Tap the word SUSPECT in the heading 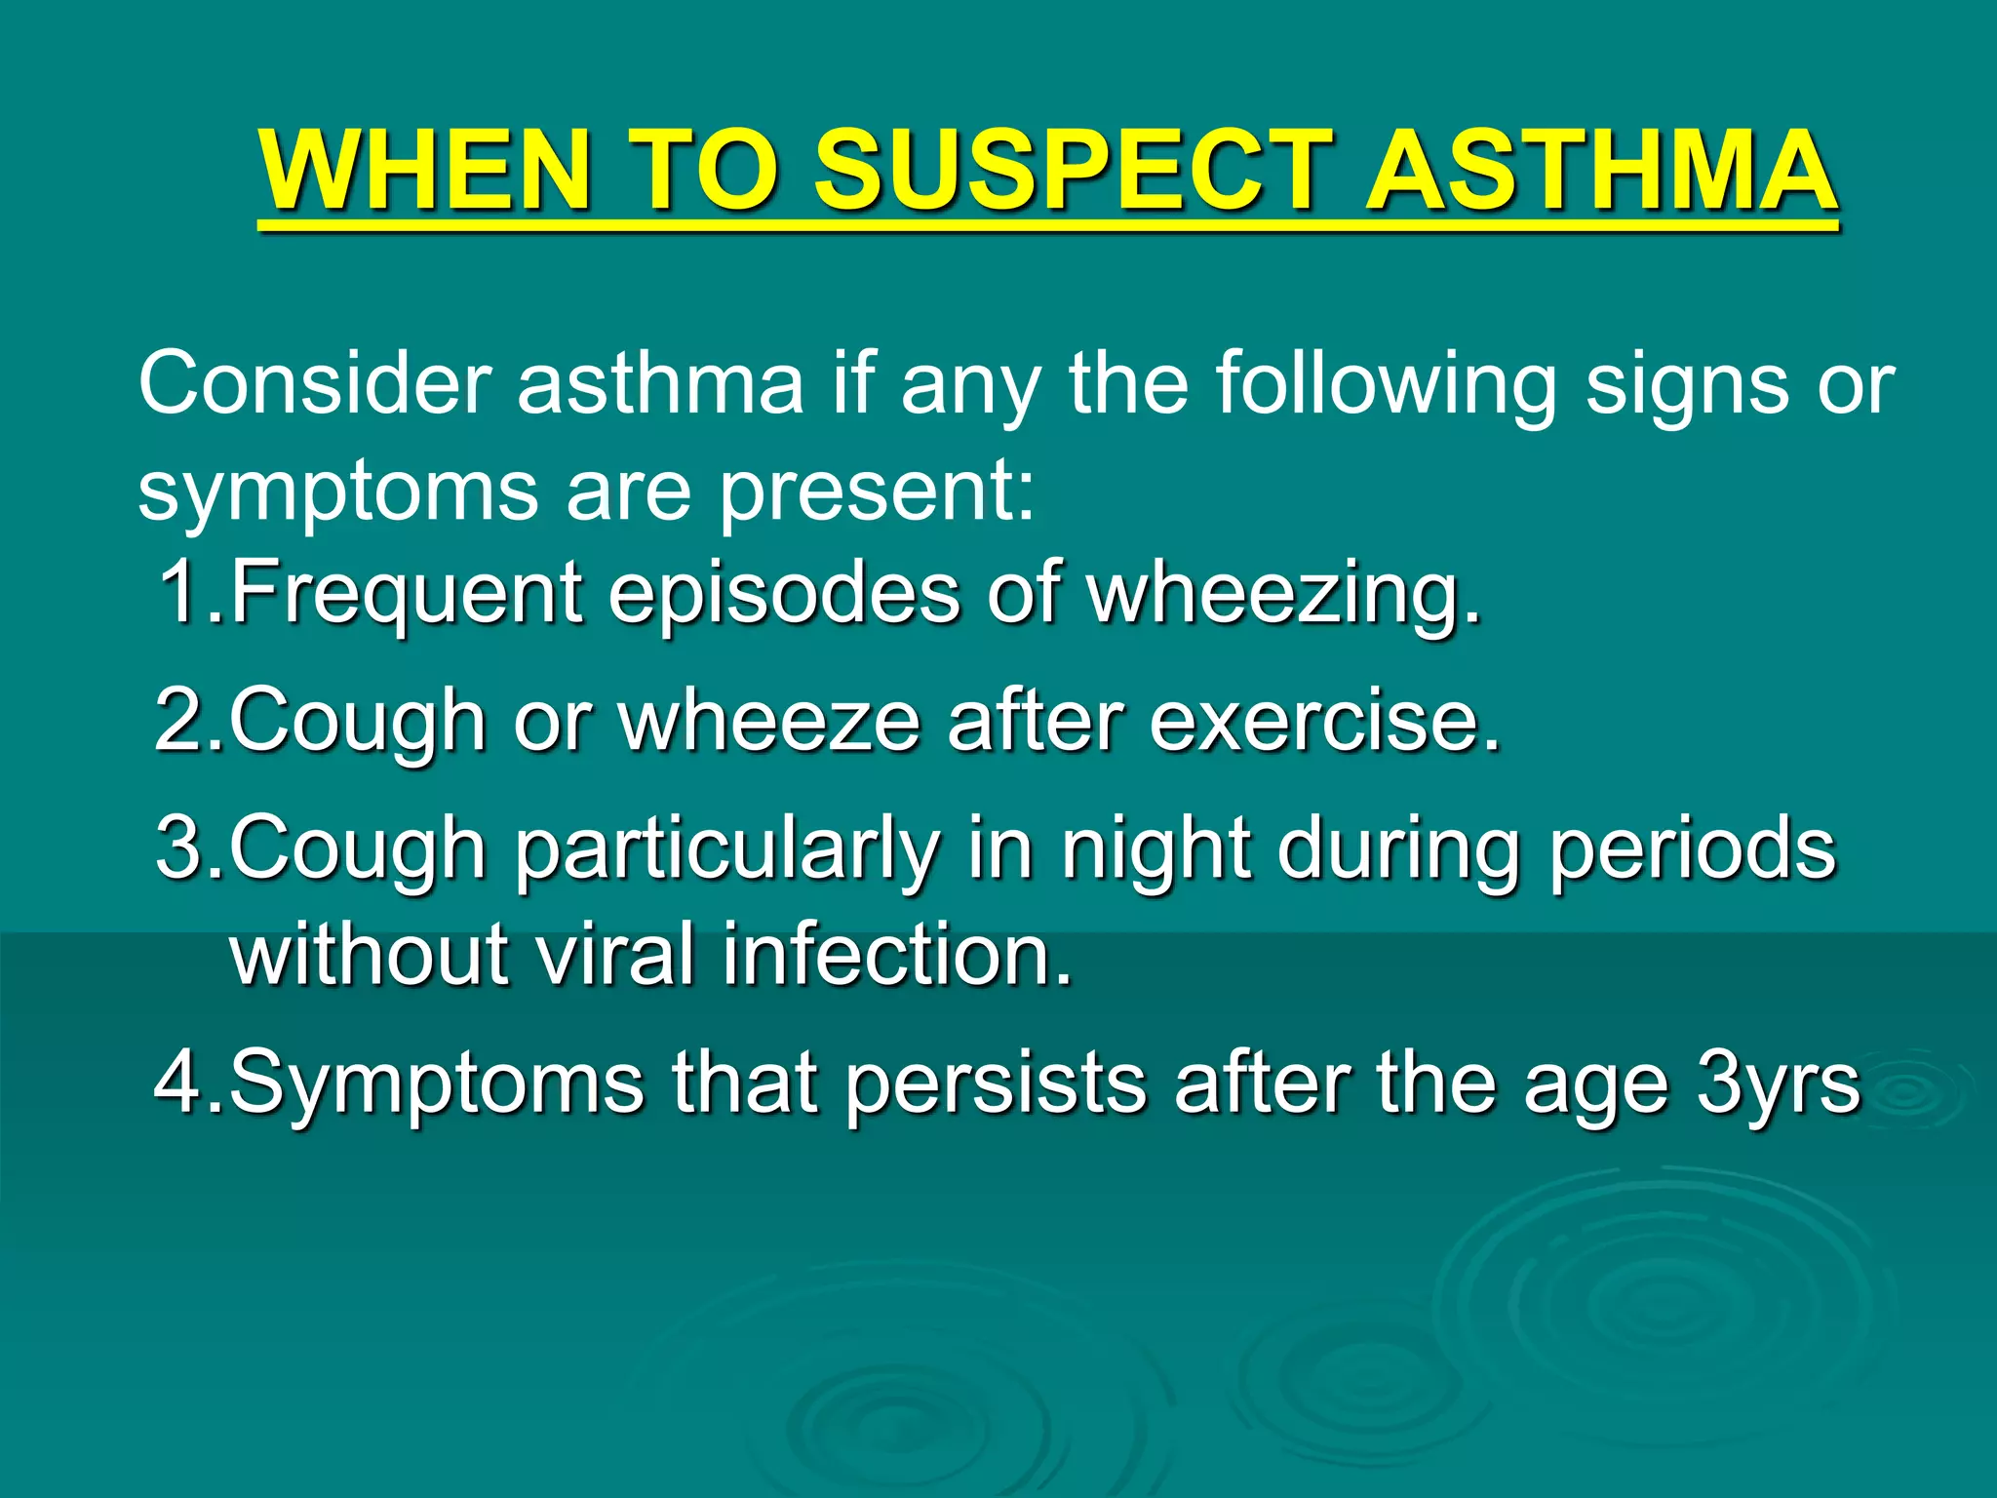1072,171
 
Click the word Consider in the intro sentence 314,384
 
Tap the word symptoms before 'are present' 337,492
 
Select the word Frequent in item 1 407,593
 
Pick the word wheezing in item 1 1283,593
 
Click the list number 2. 179,721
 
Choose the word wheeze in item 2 770,721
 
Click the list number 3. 179,848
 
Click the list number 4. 179,1083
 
